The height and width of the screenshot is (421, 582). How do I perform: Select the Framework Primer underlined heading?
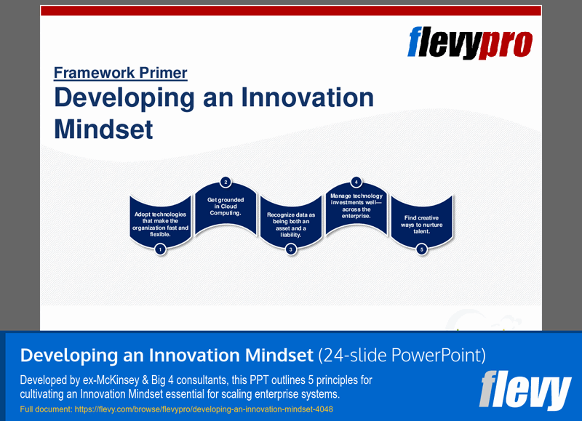[120, 73]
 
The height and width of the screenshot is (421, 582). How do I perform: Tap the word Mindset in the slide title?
[103, 129]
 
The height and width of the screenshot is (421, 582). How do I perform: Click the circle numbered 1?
[160, 249]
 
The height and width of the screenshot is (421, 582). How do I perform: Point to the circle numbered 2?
[226, 182]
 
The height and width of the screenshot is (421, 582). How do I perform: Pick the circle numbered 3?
[291, 249]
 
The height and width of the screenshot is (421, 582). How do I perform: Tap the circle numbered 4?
[356, 182]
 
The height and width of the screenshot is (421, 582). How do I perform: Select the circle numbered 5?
[422, 249]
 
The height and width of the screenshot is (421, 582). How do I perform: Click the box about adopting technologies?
[160, 222]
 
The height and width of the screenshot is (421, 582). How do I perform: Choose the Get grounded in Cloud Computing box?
[226, 207]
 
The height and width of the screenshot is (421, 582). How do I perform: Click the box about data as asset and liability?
[291, 222]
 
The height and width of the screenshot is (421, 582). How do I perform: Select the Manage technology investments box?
[356, 207]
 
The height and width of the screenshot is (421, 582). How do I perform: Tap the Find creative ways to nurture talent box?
[422, 222]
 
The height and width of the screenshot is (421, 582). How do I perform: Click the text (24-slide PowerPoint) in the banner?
[402, 356]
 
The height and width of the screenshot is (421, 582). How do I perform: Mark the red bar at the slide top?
[291, 10]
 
